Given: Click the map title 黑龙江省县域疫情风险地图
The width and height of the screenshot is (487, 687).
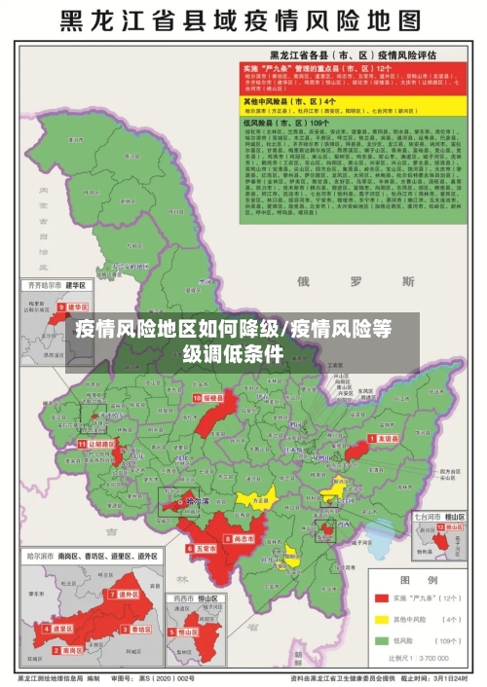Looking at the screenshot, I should (x=243, y=21).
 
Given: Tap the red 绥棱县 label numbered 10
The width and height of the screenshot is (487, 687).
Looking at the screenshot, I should (x=210, y=398).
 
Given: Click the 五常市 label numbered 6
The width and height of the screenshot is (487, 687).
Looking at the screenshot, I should (x=202, y=550).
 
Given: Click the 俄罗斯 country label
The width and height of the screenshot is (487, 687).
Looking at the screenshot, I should (x=330, y=282).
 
